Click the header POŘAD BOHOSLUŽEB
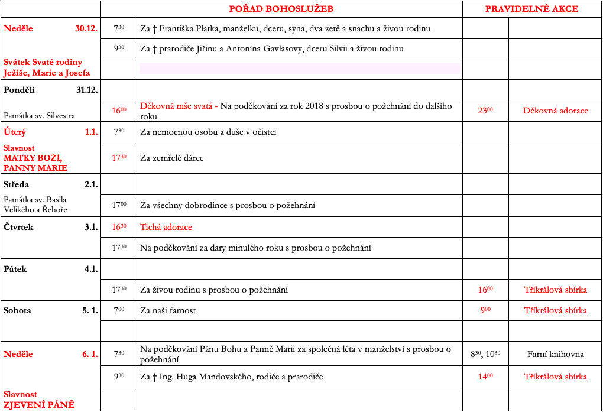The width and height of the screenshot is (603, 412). pyautogui.click(x=281, y=9)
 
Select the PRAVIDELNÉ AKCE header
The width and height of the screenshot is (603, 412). pyautogui.click(x=531, y=9)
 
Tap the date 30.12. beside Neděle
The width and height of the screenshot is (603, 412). pyautogui.click(x=86, y=28)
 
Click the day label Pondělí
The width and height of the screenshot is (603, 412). pyautogui.click(x=20, y=90)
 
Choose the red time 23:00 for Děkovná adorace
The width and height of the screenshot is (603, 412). pyautogui.click(x=485, y=111)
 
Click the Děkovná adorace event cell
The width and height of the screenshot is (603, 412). pyautogui.click(x=555, y=111)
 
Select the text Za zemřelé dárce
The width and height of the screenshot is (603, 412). pyautogui.click(x=172, y=158)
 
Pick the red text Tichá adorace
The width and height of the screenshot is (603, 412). pyautogui.click(x=166, y=227)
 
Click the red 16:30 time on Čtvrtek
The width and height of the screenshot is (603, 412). pyautogui.click(x=119, y=227)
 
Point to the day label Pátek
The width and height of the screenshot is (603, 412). pyautogui.click(x=15, y=269)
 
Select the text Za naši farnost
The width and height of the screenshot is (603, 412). pyautogui.click(x=168, y=310)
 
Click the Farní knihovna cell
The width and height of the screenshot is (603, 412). pyautogui.click(x=555, y=354)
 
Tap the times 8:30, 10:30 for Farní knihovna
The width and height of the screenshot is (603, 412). pyautogui.click(x=485, y=354)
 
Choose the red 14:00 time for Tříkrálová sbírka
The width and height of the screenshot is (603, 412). pyautogui.click(x=485, y=377)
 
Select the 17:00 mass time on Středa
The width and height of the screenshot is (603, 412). pyautogui.click(x=119, y=205)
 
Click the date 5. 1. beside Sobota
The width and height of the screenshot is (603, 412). pyautogui.click(x=90, y=310)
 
